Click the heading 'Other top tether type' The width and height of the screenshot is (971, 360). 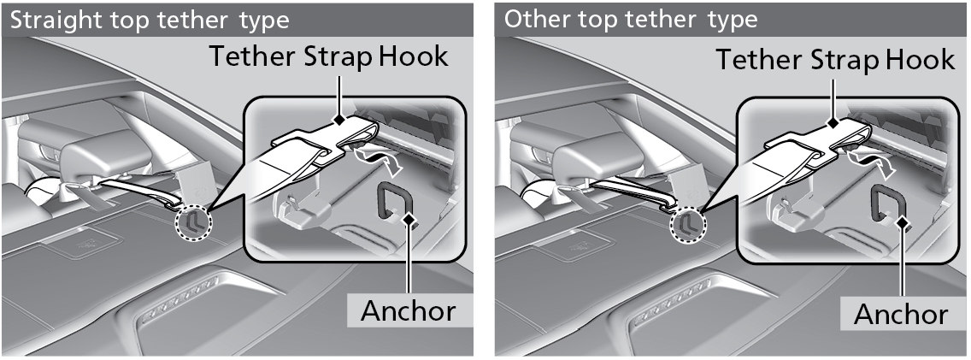coord(631,19)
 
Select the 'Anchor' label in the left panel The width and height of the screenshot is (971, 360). coord(408,310)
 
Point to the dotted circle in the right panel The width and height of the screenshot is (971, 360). coord(687,224)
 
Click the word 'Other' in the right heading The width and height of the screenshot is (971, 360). coord(531,19)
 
